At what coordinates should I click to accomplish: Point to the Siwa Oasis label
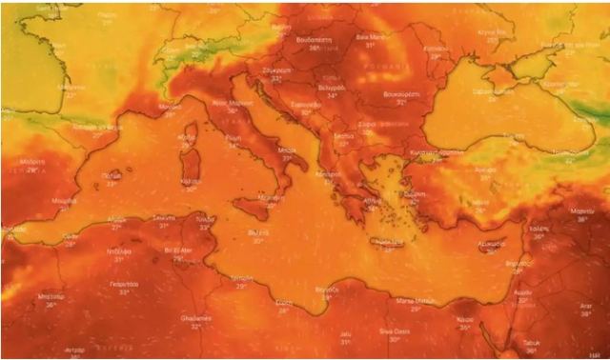[x=395, y=332]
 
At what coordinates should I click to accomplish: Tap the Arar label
[x=584, y=307]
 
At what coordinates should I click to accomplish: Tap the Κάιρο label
[x=464, y=320]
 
